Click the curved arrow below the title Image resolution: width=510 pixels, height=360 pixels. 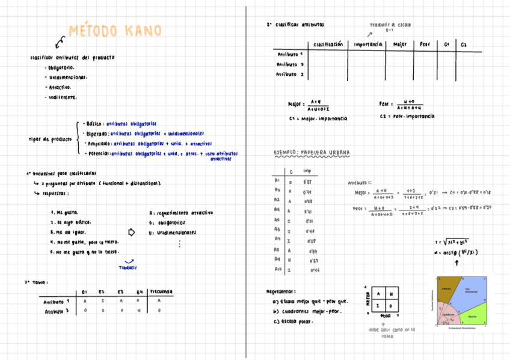59,41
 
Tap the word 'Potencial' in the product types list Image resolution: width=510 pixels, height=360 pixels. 97,153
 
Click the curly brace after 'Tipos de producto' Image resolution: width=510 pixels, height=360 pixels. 78,139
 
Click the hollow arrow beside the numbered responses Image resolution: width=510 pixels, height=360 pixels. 133,233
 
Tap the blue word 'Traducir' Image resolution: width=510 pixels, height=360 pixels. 128,267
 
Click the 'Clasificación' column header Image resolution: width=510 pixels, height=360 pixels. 328,44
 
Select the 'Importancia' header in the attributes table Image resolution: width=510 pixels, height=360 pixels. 368,44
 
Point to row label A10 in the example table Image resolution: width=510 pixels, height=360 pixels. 277,270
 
